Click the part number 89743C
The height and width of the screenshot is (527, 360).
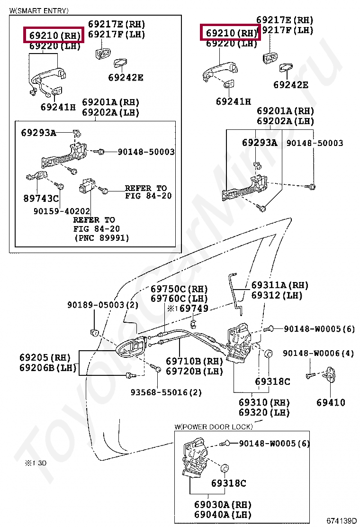coord(41,198)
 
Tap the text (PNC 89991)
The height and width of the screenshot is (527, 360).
coord(101,238)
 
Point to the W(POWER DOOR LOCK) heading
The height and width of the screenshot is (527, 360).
coord(213,427)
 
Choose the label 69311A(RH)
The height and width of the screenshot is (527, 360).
coord(279,285)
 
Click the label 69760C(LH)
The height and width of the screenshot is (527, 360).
coord(179,299)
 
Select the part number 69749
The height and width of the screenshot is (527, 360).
coord(194,309)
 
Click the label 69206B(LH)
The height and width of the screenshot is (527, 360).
coord(47,368)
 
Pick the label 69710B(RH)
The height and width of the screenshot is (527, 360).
coord(194,361)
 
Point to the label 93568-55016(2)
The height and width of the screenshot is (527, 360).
coord(166,392)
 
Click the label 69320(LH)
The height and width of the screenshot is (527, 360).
coord(264,412)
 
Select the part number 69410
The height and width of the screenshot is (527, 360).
coord(331,402)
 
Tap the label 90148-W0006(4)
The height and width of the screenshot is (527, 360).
coord(318,353)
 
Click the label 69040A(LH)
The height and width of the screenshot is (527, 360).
coord(223,515)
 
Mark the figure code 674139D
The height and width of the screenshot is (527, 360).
coord(341,521)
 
